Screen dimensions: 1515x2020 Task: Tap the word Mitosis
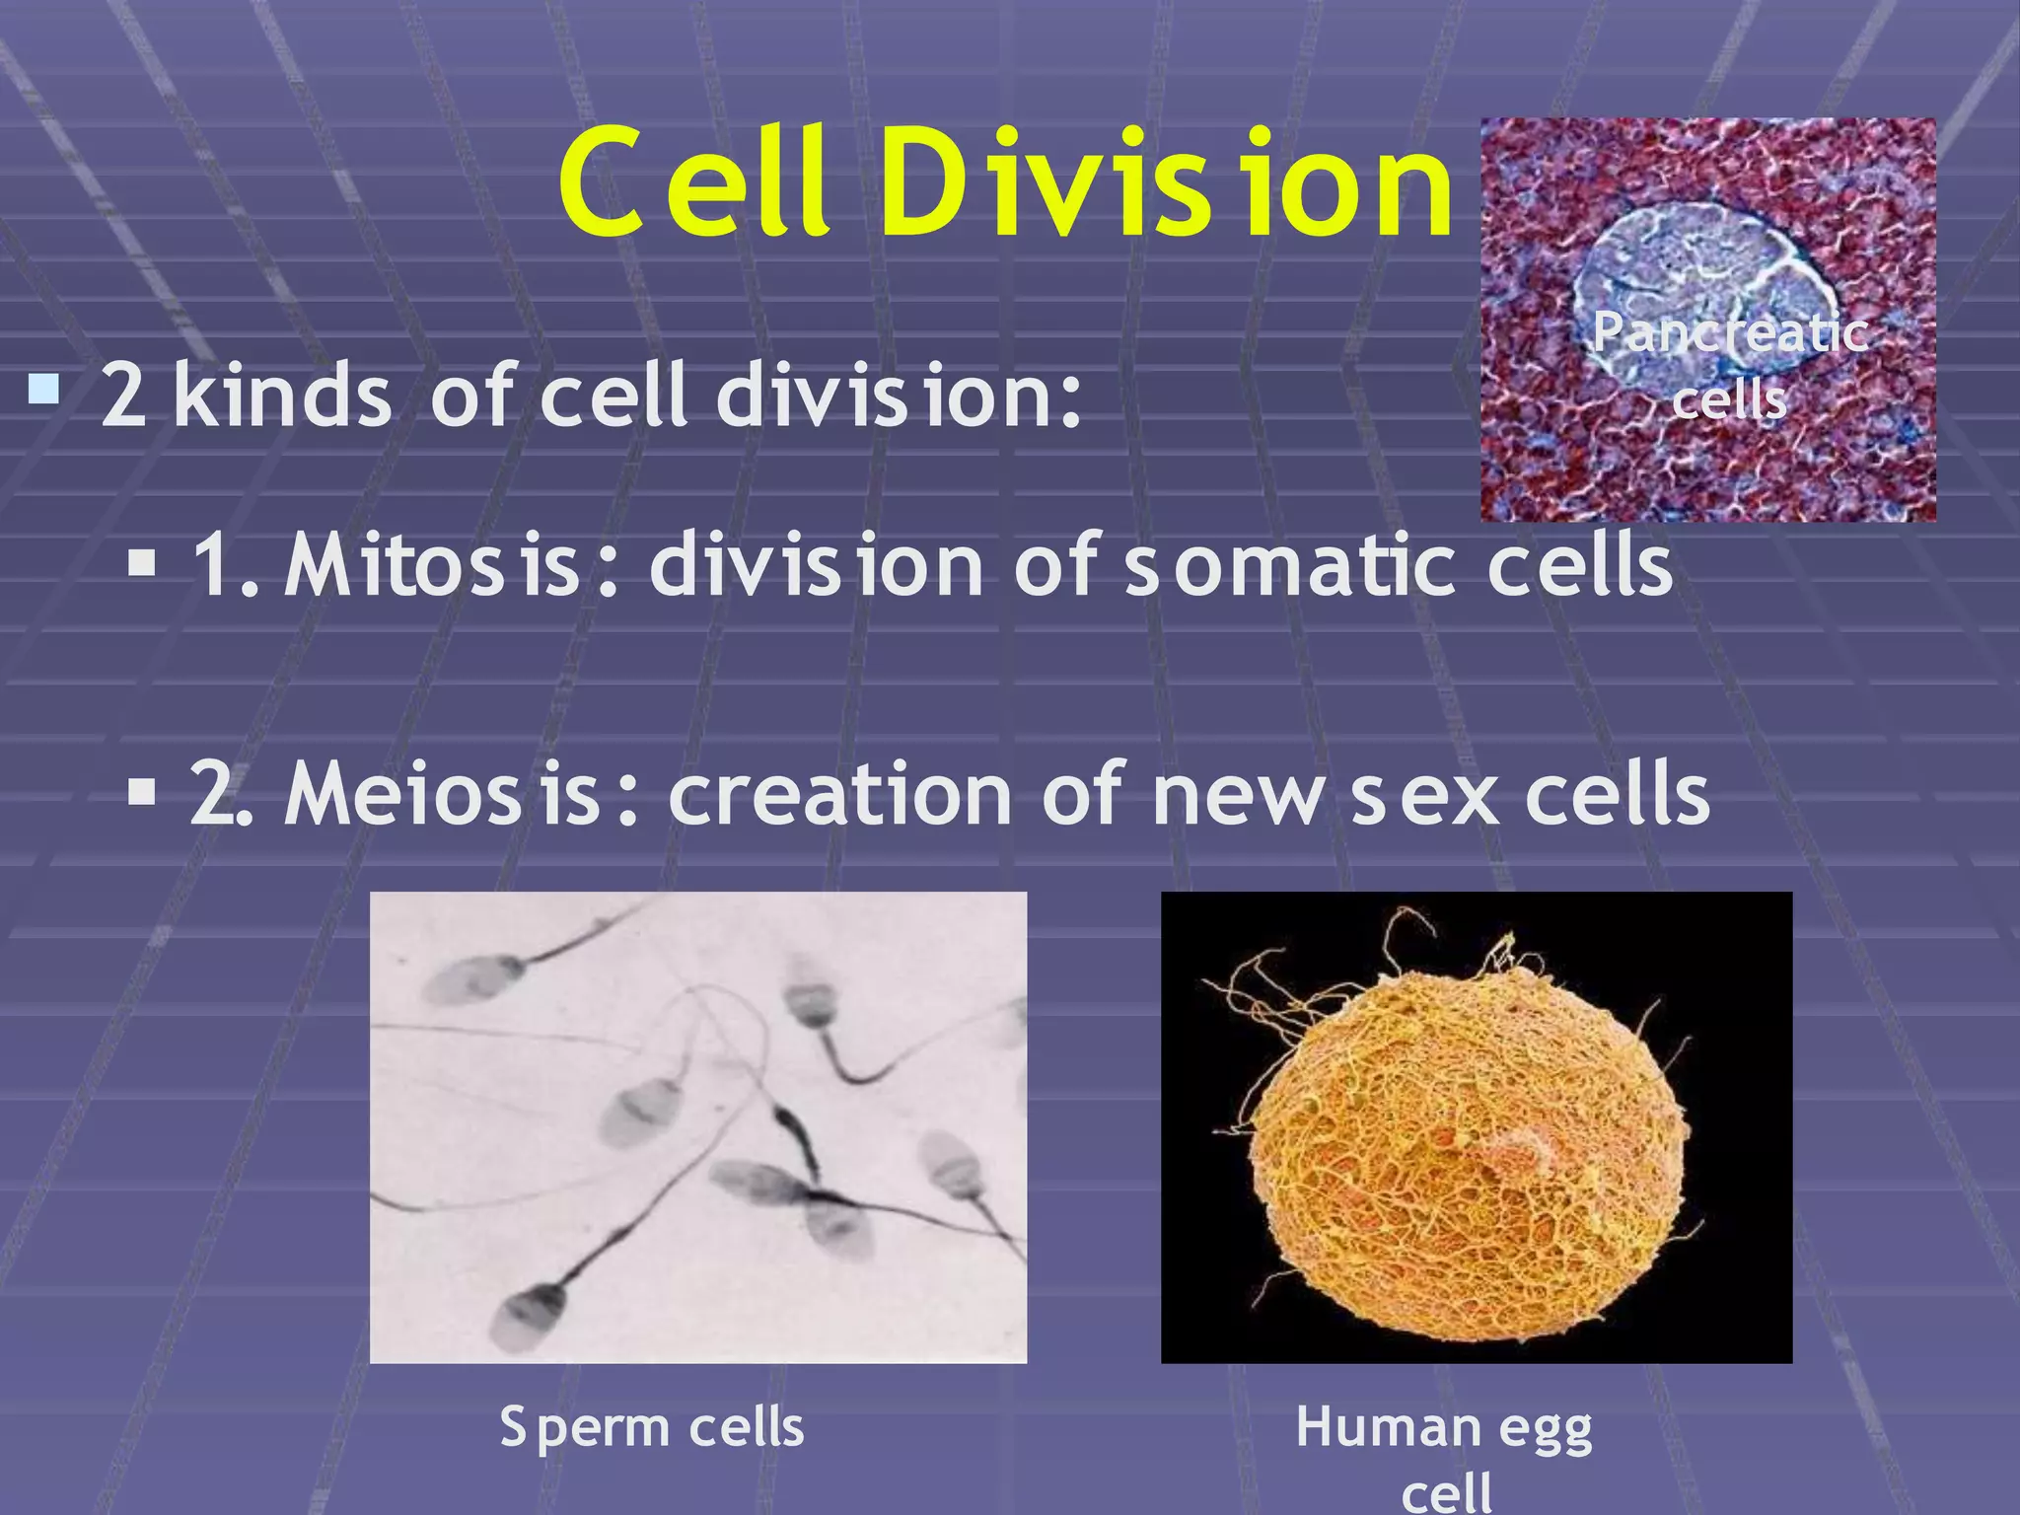[433, 565]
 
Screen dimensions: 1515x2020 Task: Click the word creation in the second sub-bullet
[839, 794]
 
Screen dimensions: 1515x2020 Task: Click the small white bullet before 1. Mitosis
[143, 564]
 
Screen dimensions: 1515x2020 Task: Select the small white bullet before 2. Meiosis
[143, 792]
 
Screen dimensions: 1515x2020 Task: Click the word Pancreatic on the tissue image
[1731, 333]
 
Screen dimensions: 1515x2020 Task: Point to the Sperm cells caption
[652, 1427]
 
